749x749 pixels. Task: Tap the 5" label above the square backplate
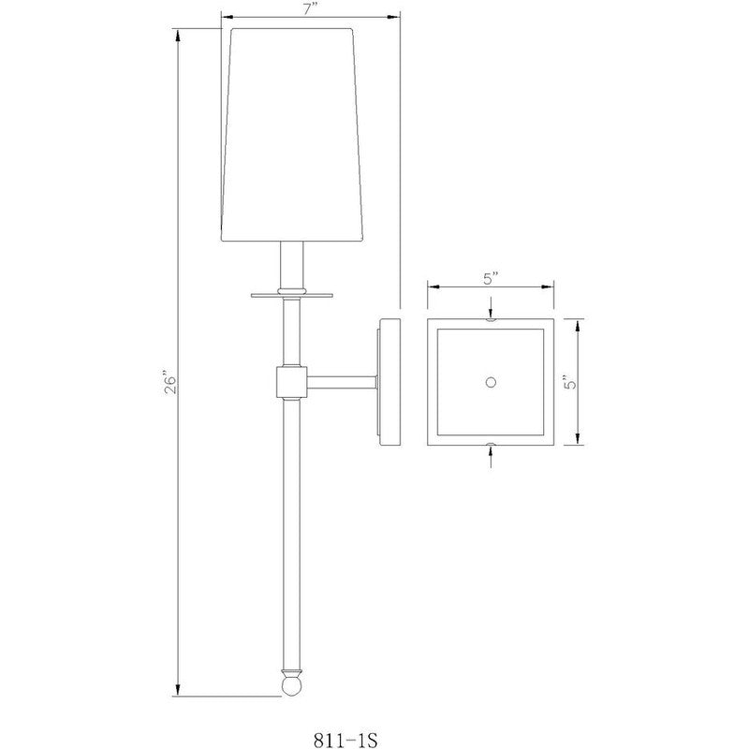pyautogui.click(x=491, y=278)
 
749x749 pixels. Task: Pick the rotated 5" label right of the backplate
pyautogui.click(x=591, y=384)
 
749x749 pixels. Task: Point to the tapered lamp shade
pyautogui.click(x=292, y=136)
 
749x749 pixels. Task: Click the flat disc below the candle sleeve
pyautogui.click(x=292, y=294)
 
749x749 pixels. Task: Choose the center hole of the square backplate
pyautogui.click(x=491, y=381)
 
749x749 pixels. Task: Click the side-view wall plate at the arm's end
pyautogui.click(x=389, y=382)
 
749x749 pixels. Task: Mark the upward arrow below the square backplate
pyautogui.click(x=491, y=454)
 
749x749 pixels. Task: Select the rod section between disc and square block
pyautogui.click(x=292, y=332)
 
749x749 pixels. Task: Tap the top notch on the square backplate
pyautogui.click(x=491, y=320)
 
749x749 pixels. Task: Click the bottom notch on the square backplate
pyautogui.click(x=491, y=443)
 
